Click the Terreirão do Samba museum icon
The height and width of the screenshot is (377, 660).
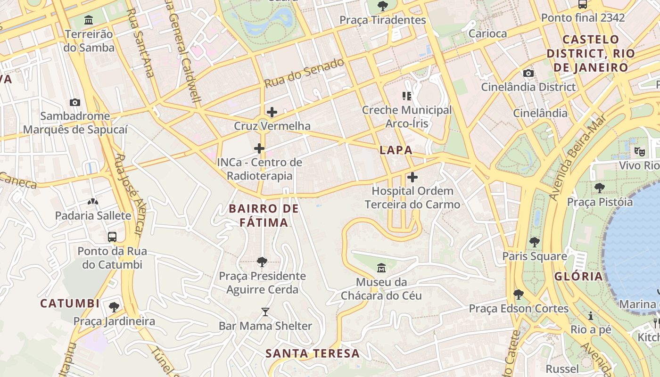[88, 20]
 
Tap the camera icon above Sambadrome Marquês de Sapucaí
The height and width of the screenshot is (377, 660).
[74, 102]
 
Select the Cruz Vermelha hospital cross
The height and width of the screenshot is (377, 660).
[272, 112]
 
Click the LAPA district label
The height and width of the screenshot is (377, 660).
[396, 150]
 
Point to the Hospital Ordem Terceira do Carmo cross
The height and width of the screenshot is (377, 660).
[412, 177]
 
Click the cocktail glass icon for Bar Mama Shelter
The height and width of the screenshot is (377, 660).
[265, 311]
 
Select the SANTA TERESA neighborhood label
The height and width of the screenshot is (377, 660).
[312, 353]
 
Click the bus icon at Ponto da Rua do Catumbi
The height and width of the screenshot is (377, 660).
[112, 237]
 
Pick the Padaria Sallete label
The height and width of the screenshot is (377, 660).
[93, 216]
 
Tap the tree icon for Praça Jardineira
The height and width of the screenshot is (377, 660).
[114, 307]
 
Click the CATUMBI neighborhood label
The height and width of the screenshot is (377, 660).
[70, 303]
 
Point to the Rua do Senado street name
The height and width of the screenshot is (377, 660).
[304, 73]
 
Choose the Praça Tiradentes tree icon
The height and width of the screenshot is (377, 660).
[383, 6]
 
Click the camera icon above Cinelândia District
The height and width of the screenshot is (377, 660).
[528, 73]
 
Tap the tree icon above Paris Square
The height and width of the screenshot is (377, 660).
[534, 242]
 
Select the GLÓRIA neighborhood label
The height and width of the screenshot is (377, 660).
[578, 277]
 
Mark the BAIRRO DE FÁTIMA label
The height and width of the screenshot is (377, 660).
[264, 215]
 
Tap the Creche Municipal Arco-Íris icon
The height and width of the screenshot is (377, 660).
[407, 96]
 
